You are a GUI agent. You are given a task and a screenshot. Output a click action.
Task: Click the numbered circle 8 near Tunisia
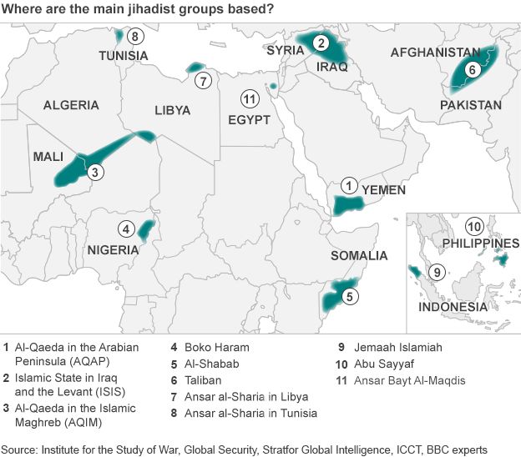[135, 35]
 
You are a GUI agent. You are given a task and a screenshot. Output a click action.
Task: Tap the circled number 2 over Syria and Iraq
[321, 43]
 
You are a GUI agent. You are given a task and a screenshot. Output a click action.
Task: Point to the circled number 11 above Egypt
[248, 99]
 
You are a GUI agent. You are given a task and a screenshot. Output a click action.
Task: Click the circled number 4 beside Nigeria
[125, 228]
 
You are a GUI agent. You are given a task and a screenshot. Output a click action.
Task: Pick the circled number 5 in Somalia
[351, 294]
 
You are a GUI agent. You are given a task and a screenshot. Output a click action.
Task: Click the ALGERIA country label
[71, 106]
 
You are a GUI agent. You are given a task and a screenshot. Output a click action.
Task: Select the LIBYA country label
[173, 110]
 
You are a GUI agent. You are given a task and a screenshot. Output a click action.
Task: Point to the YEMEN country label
[384, 190]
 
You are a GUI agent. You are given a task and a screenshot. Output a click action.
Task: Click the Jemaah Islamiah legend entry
[401, 347]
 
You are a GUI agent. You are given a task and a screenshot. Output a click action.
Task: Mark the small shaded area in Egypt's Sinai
[273, 86]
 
